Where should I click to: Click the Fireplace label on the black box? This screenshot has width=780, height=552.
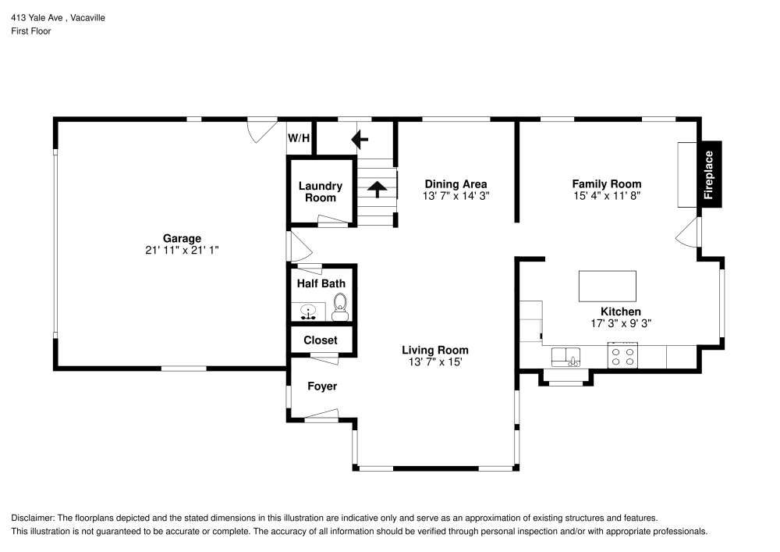[709, 175]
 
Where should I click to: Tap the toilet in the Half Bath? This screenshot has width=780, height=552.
[339, 307]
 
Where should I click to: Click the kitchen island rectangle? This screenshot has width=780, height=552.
[607, 286]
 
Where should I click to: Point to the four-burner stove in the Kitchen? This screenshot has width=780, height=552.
[622, 356]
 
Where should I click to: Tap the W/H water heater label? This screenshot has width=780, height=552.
[299, 138]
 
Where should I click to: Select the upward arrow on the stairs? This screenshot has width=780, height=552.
[377, 187]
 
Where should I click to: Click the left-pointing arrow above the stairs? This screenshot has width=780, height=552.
[360, 140]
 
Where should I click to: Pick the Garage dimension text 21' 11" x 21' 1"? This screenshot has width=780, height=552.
[182, 250]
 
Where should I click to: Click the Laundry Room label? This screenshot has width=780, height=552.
[321, 191]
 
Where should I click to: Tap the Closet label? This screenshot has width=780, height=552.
[321, 340]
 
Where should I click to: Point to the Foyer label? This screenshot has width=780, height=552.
[322, 386]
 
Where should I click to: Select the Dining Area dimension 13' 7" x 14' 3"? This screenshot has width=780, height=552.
[456, 196]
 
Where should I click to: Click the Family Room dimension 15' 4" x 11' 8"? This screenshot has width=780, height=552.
[607, 196]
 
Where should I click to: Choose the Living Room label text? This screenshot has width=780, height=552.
[434, 350]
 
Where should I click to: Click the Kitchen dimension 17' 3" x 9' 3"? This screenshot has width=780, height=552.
[620, 322]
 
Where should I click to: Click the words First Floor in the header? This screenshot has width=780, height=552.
[30, 31]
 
